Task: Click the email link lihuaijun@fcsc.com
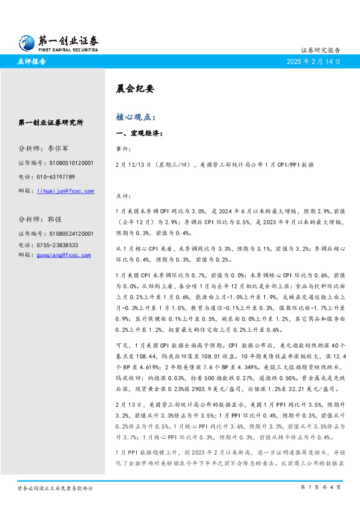pos(65,191)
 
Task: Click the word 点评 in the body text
pos(122,196)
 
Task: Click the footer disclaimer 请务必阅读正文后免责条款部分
pos(55,487)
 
